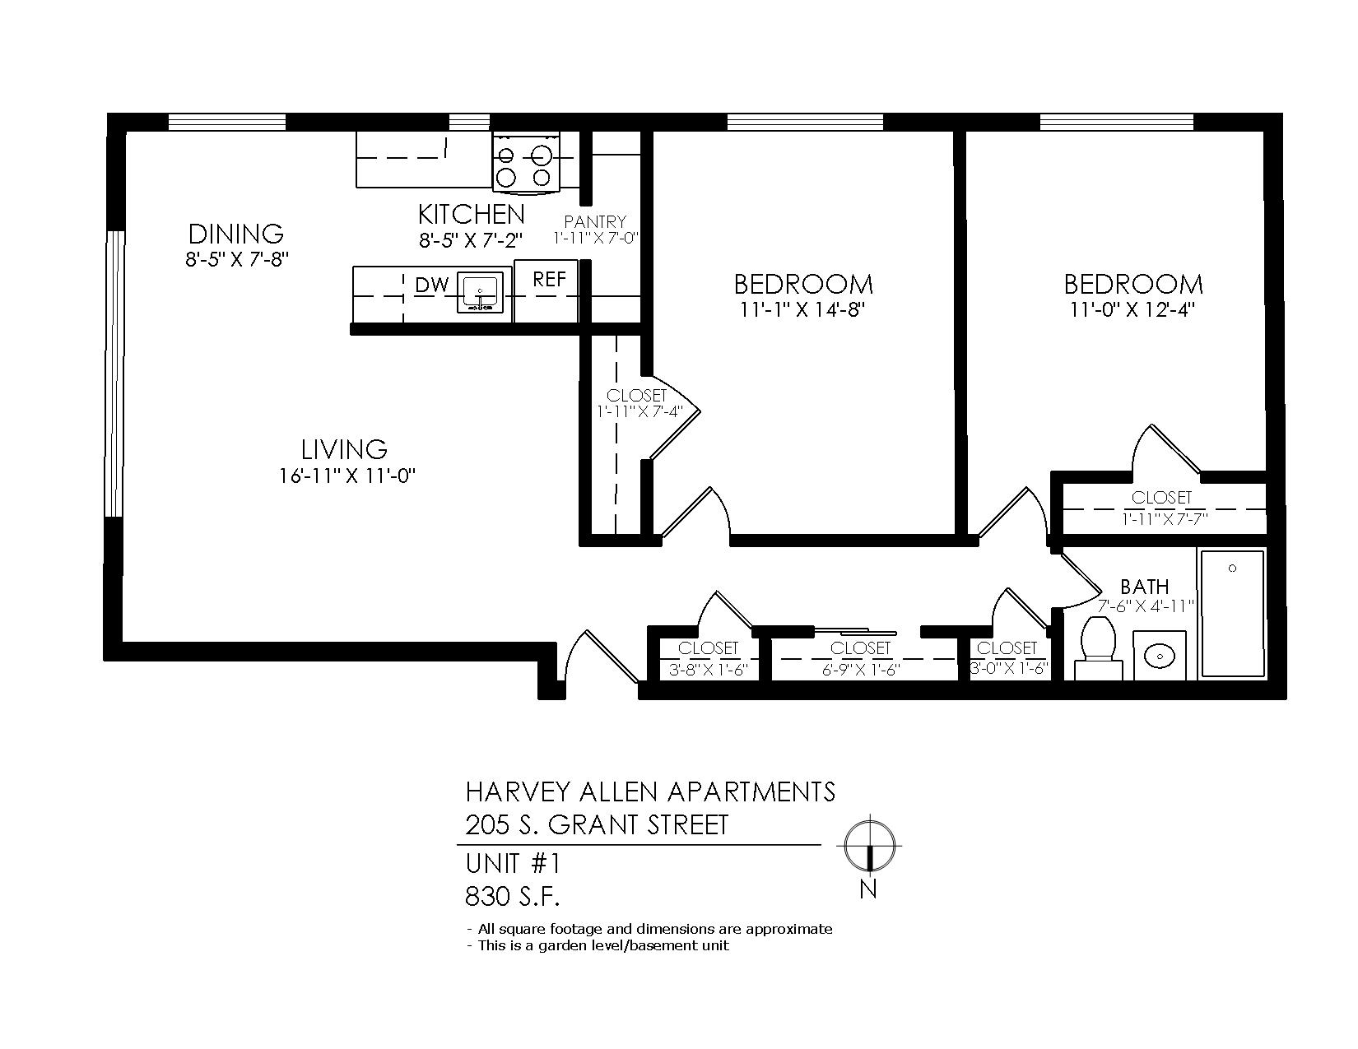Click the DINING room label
click(x=236, y=234)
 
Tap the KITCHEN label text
click(x=472, y=215)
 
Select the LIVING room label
click(x=344, y=450)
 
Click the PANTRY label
click(x=595, y=222)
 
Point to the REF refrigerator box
click(x=546, y=290)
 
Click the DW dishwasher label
click(x=432, y=285)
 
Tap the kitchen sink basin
click(x=480, y=292)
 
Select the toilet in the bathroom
click(x=1098, y=648)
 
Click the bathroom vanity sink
click(x=1160, y=656)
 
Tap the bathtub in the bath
click(x=1232, y=613)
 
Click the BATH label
click(x=1144, y=587)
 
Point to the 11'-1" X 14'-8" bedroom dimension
click(x=802, y=310)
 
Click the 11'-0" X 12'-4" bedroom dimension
click(x=1132, y=310)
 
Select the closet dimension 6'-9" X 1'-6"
click(x=861, y=670)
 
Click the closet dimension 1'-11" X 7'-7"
click(x=1165, y=518)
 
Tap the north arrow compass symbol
click(x=869, y=845)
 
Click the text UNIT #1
click(x=513, y=864)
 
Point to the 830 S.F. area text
click(x=512, y=897)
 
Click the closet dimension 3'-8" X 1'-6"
click(x=709, y=670)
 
